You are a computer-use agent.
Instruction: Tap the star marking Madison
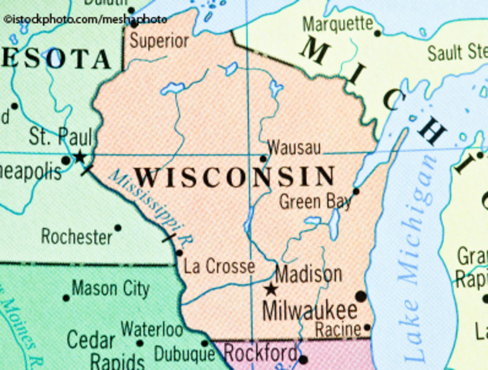(270, 290)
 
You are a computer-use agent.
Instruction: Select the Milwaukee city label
(310, 311)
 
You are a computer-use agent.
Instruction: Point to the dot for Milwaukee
(361, 296)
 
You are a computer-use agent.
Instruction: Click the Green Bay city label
(315, 203)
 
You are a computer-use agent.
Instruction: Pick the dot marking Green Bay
(356, 191)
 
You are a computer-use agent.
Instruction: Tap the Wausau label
(294, 147)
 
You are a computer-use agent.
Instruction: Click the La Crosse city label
(220, 267)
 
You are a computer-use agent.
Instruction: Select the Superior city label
(159, 41)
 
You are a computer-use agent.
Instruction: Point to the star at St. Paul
(79, 156)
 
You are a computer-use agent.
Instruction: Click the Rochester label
(76, 237)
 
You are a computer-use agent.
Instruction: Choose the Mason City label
(110, 290)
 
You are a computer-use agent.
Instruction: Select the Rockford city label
(260, 355)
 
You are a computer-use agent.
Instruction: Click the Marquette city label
(338, 24)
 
